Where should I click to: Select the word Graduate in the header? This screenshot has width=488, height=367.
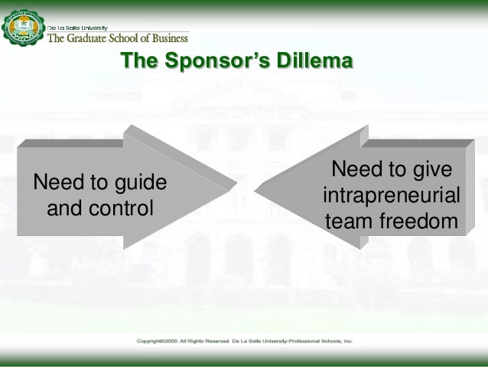tap(89, 35)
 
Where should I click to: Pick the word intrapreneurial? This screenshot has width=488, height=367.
tap(392, 195)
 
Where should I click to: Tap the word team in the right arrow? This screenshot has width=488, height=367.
tap(349, 221)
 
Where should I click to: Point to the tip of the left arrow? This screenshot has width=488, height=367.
tap(233, 186)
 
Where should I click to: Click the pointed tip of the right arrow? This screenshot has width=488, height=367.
tap(256, 186)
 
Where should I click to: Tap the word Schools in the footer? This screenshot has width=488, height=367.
tap(328, 339)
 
